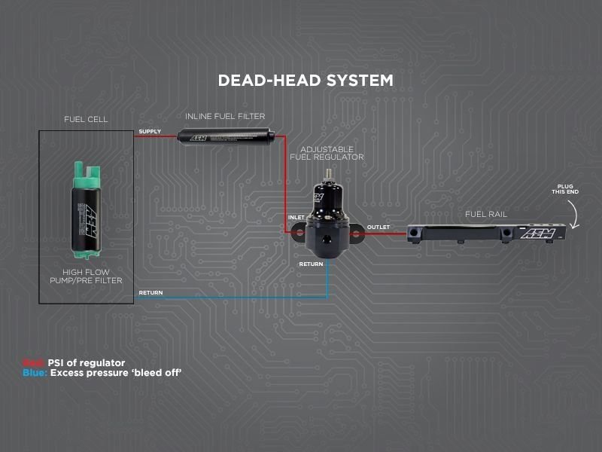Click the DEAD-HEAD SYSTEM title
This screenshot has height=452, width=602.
click(305, 80)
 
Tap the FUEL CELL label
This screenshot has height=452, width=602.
click(86, 119)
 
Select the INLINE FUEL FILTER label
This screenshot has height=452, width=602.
click(225, 117)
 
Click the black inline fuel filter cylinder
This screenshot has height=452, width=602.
click(227, 136)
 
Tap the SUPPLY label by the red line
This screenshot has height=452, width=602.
click(149, 132)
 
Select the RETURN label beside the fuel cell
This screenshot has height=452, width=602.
click(150, 292)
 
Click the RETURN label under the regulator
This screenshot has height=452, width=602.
click(312, 264)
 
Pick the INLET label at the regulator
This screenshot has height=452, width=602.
click(296, 218)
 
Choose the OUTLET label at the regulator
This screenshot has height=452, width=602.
click(378, 227)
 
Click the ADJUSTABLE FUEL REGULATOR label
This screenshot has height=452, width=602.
click(327, 153)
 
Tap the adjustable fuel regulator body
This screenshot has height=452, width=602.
click(326, 226)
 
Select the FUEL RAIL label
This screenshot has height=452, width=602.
click(486, 214)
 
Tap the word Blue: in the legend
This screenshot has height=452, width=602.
click(35, 373)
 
